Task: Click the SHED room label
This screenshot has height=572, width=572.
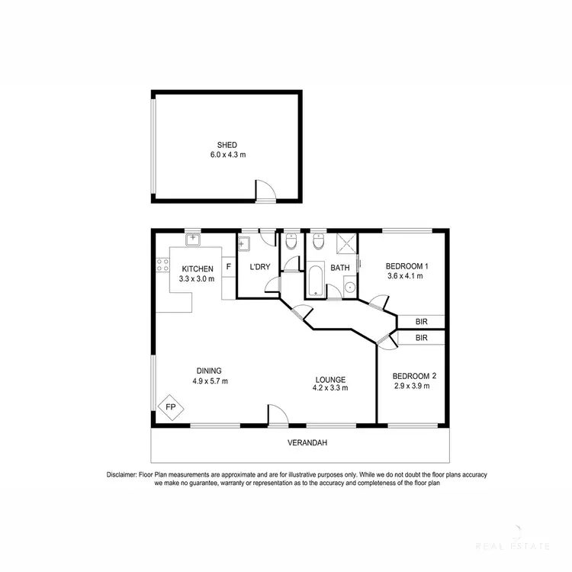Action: coord(227,145)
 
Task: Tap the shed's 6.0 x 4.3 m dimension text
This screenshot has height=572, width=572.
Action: coord(227,155)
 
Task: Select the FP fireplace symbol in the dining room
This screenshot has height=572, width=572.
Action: coord(170,408)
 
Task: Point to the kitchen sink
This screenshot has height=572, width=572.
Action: coord(193,239)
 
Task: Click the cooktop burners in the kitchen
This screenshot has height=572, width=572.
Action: coord(162,265)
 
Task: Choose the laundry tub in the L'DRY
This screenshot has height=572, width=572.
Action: coord(244,245)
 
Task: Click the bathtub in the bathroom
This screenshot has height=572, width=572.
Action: coord(316,281)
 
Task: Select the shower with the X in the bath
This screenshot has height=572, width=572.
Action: coord(345,245)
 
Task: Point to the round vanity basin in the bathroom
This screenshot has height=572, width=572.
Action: coord(349,287)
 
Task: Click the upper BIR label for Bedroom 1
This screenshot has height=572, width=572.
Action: coord(421,321)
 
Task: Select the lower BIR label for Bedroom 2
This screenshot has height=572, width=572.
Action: coord(421,337)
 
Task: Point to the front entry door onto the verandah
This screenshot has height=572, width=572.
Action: coord(276,415)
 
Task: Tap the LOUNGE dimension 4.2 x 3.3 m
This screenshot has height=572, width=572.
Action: coord(329,388)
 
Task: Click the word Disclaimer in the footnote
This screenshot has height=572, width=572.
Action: coord(121,475)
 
